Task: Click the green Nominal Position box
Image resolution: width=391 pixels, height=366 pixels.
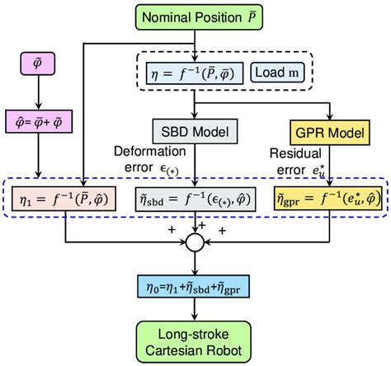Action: [x=195, y=16]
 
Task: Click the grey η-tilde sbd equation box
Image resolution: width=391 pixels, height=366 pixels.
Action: [x=195, y=198]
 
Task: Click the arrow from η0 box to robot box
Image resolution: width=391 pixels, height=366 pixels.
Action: [x=195, y=309]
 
